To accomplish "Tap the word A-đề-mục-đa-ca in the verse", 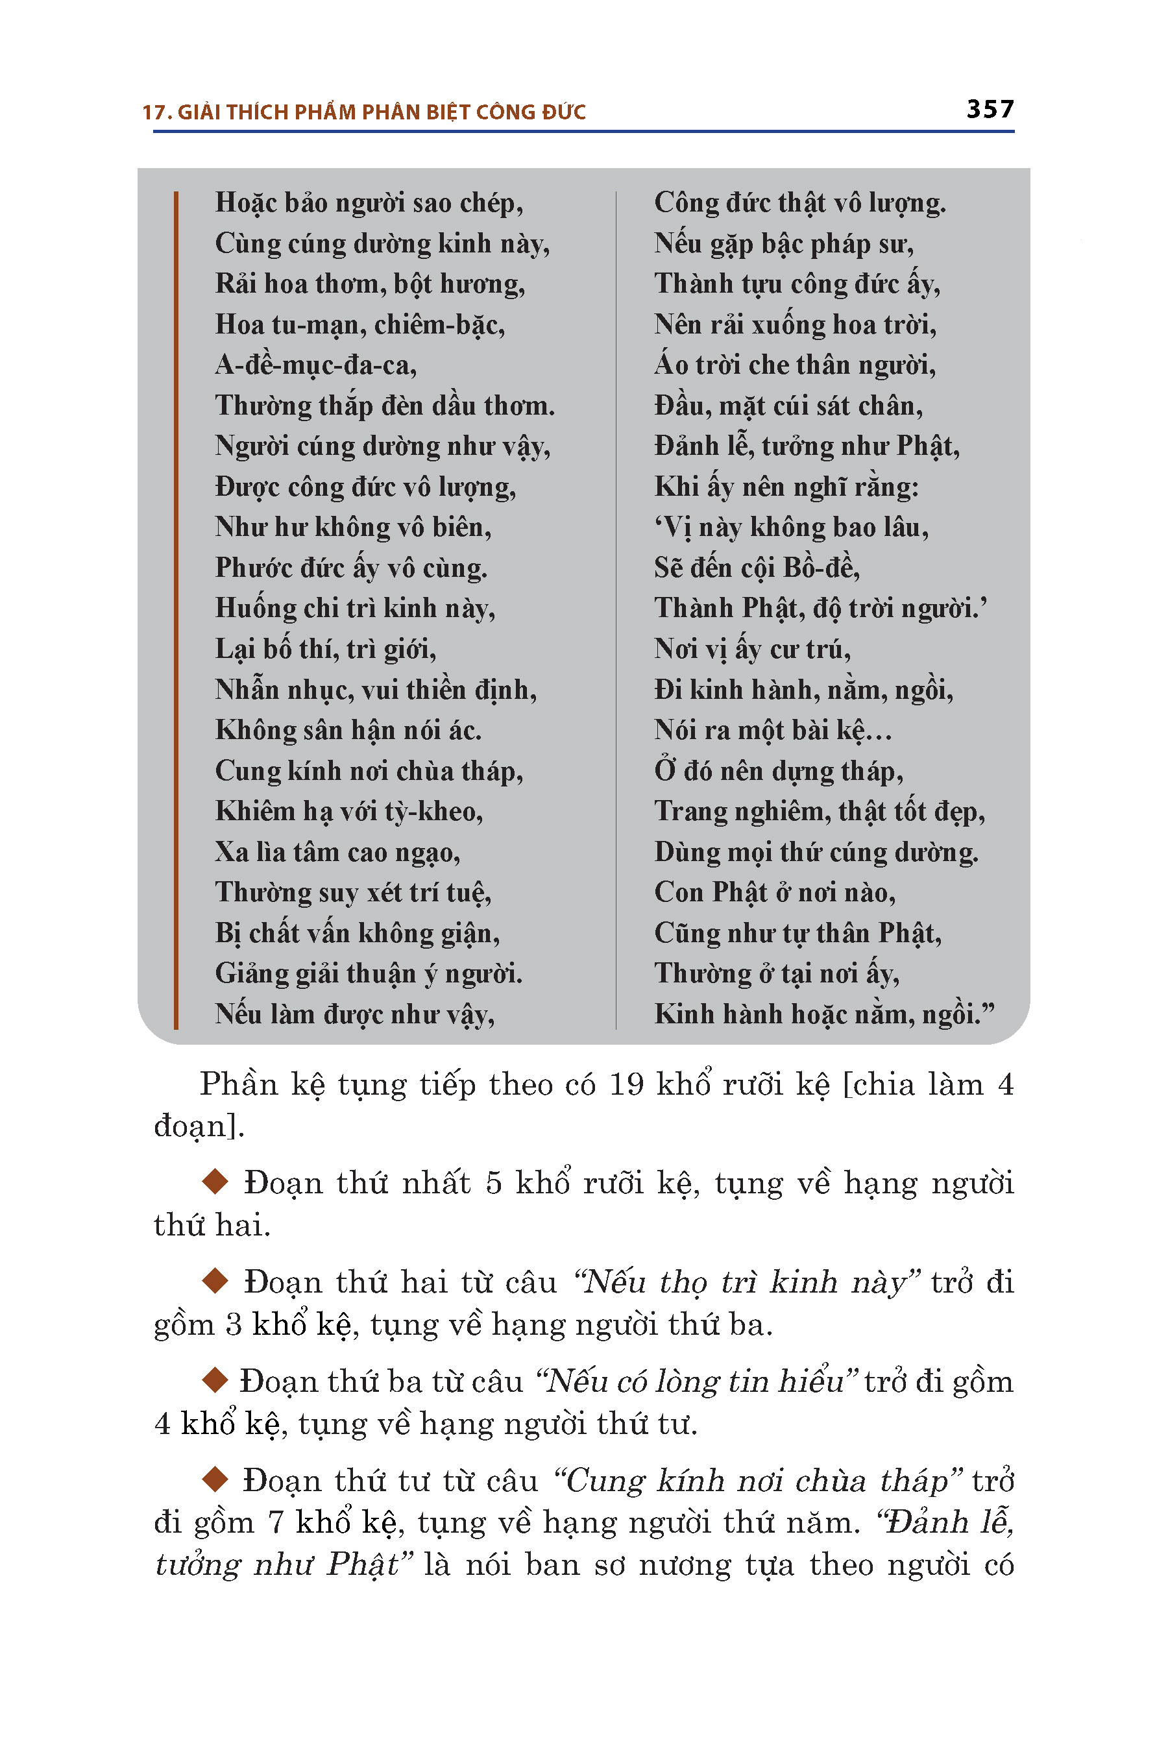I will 315,365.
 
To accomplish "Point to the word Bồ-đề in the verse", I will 821,568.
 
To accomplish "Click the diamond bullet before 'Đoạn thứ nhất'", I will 215,1182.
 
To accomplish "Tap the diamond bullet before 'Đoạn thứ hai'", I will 215,1281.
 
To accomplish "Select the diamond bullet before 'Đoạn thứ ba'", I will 215,1380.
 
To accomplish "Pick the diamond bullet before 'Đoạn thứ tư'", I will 215,1479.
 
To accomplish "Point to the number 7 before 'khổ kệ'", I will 276,1522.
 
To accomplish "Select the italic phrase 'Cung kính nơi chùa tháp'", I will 757,1481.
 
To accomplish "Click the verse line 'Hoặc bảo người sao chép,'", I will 369,203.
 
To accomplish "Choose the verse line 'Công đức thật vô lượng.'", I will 799,203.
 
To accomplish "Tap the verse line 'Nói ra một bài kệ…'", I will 772,731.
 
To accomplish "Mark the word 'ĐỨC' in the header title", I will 564,112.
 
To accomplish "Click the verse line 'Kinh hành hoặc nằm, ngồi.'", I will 823,1015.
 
